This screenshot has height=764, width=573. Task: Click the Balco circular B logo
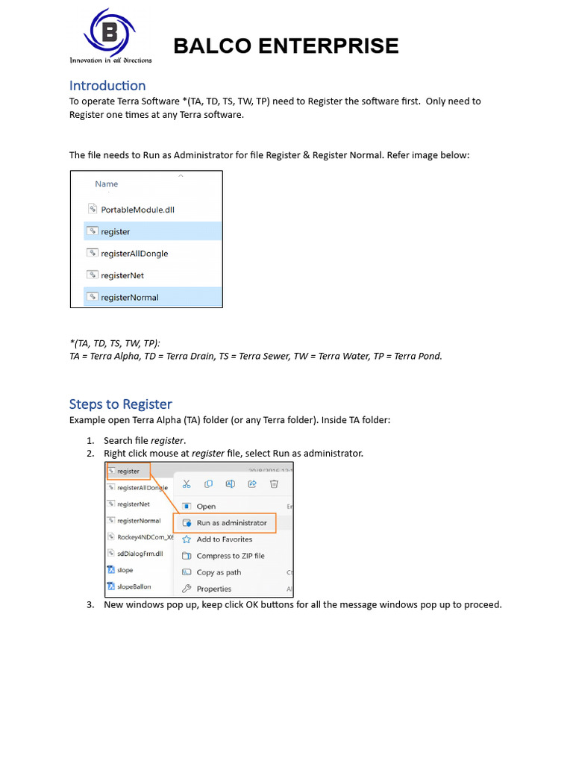click(110, 33)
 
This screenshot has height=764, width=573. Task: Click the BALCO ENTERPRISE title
click(286, 46)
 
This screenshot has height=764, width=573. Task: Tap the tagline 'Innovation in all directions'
click(110, 60)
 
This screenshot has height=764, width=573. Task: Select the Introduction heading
click(107, 86)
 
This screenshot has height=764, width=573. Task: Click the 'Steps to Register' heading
click(121, 404)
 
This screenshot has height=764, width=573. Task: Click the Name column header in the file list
click(106, 184)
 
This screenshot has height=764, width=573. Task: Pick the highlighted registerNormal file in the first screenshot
click(129, 297)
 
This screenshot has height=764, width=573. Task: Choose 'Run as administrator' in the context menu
click(231, 523)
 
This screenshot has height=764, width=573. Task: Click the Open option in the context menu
click(206, 507)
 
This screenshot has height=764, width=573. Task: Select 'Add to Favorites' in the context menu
click(224, 539)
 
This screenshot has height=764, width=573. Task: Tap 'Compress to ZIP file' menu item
click(230, 556)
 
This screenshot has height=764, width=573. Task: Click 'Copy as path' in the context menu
click(218, 572)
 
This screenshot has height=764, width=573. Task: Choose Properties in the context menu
click(213, 589)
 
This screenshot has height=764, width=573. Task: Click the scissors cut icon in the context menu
click(187, 484)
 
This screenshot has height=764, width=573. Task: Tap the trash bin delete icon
click(274, 484)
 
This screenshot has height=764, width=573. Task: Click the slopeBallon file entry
click(134, 586)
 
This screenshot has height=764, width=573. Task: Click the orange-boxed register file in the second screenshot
click(128, 472)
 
